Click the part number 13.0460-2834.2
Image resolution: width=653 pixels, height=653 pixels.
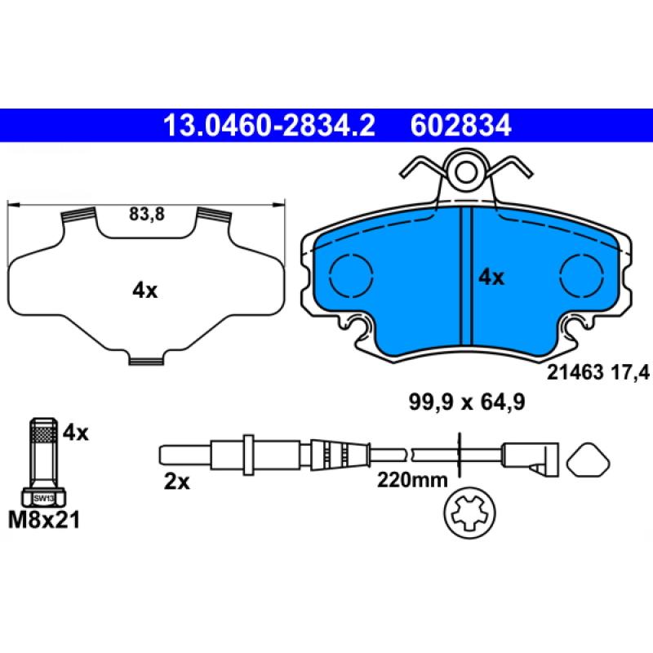pyautogui.click(x=269, y=126)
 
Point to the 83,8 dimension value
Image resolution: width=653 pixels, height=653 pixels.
pyautogui.click(x=147, y=215)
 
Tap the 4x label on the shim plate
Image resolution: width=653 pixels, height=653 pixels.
pyautogui.click(x=144, y=290)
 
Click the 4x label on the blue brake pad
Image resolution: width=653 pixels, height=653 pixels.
pyautogui.click(x=491, y=278)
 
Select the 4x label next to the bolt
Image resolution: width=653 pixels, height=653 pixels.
pyautogui.click(x=74, y=433)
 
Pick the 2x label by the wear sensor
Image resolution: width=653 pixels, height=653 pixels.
pyautogui.click(x=176, y=482)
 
